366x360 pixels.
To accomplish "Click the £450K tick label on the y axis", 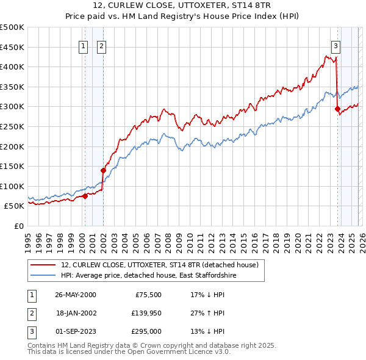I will (12, 47).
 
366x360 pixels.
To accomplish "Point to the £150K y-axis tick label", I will (12, 166).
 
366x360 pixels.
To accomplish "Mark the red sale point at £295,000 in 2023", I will (337, 109).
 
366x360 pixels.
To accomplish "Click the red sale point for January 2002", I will (103, 170).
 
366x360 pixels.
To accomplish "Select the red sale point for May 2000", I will (85, 196).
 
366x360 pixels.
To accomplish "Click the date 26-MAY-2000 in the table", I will (75, 294).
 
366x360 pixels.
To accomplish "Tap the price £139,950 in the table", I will (145, 312).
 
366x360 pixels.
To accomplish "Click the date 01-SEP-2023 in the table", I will (75, 331).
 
